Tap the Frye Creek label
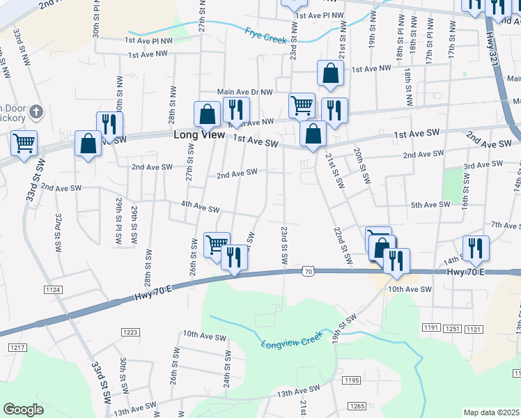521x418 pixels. (x=266, y=35)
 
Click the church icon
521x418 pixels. (x=38, y=111)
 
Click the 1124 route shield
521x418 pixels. (x=52, y=289)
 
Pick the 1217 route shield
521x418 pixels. (x=17, y=347)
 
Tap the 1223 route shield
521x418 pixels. (x=130, y=332)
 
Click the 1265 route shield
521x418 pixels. (x=357, y=406)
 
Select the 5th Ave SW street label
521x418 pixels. (x=430, y=205)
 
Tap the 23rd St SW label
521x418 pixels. (x=285, y=244)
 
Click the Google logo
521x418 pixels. (x=23, y=410)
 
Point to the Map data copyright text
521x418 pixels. (x=492, y=412)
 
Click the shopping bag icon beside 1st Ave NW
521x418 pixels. (x=330, y=73)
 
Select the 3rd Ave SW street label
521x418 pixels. (x=484, y=166)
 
